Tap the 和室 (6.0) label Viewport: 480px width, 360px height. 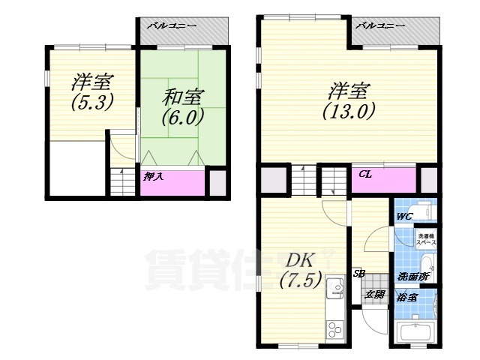[x=183, y=106]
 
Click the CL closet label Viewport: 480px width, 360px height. [x=365, y=175]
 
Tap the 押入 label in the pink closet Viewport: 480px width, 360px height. [x=151, y=178]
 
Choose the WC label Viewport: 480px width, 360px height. [x=404, y=217]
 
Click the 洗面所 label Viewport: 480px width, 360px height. [x=412, y=276]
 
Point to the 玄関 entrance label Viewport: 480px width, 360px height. [x=374, y=294]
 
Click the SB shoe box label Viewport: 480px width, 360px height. [x=359, y=274]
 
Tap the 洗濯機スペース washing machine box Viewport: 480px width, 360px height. [x=427, y=239]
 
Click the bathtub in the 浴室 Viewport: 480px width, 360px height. [x=416, y=332]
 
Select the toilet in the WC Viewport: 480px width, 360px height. [x=425, y=210]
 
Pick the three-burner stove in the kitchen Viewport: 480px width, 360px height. [x=332, y=328]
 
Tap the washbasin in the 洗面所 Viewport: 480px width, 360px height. [x=428, y=263]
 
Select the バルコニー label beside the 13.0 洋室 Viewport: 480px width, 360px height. [x=379, y=26]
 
